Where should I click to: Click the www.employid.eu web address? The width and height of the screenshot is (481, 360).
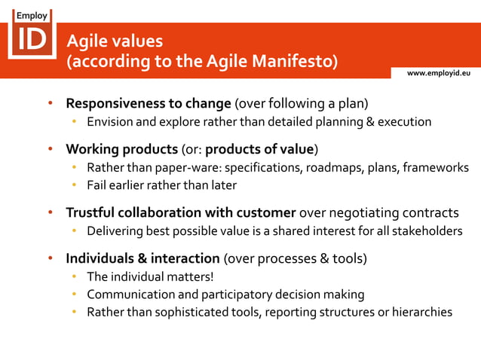(439, 72)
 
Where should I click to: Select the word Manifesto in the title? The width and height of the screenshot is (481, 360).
(289, 60)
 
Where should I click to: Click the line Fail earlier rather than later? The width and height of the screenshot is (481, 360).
(161, 185)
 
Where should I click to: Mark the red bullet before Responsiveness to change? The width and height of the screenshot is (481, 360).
(49, 103)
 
